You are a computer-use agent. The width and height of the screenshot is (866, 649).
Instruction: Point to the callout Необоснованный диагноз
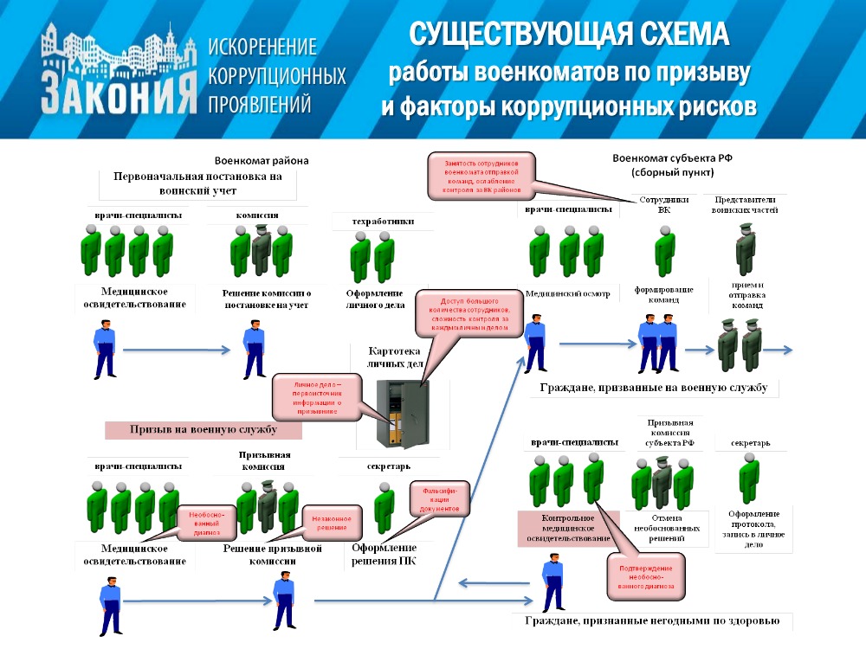pyautogui.click(x=207, y=522)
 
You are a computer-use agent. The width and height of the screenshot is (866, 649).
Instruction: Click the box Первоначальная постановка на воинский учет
pyautogui.click(x=198, y=183)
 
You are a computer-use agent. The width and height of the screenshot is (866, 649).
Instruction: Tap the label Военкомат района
pyautogui.click(x=262, y=160)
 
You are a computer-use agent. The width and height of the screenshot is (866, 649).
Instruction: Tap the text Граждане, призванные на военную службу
pyautogui.click(x=653, y=388)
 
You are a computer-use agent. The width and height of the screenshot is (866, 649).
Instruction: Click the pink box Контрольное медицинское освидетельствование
pyautogui.click(x=569, y=529)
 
